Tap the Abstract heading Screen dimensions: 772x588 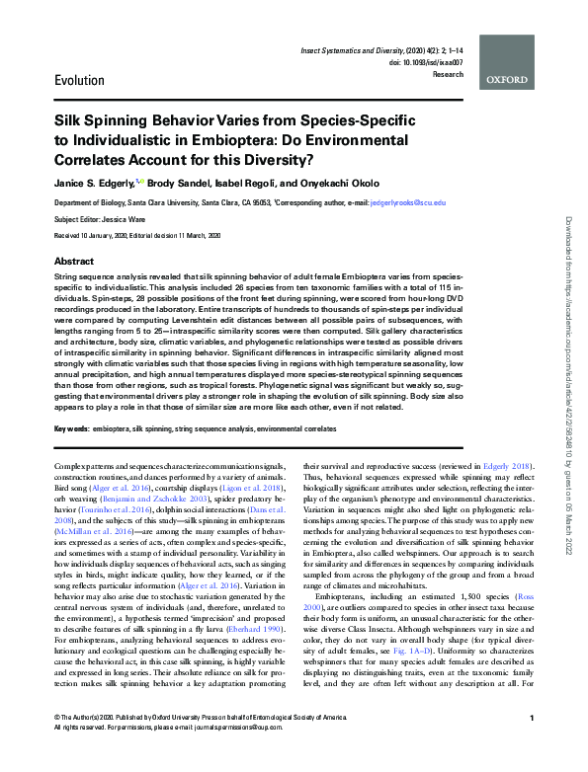[74, 261]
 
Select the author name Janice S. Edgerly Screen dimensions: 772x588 [99, 184]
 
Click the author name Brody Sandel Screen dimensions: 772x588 [186, 184]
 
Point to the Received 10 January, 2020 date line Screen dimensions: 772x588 [136, 234]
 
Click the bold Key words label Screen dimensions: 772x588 [71, 430]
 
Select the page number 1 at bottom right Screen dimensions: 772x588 [532, 745]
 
